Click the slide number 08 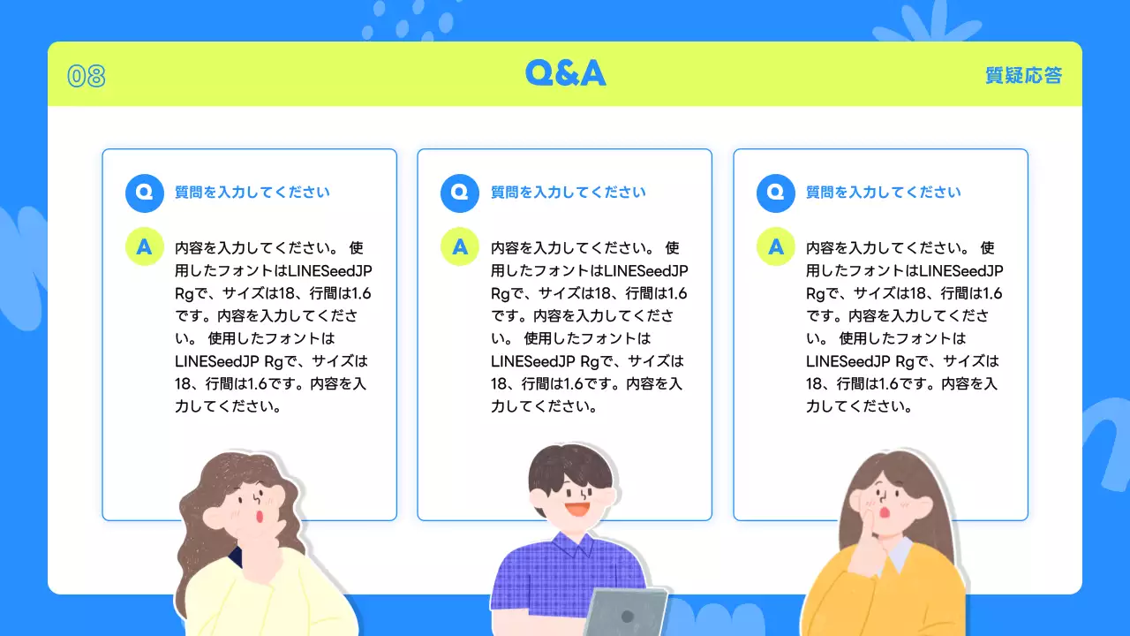click(x=87, y=77)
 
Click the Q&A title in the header click(x=565, y=72)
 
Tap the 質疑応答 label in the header click(x=1023, y=76)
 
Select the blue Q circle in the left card click(x=145, y=193)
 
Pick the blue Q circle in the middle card click(x=460, y=193)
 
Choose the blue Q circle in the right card click(x=776, y=193)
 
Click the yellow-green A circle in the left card click(x=145, y=246)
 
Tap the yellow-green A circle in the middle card click(x=460, y=246)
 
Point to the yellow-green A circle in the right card click(x=776, y=246)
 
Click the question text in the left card click(x=252, y=193)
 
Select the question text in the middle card click(x=568, y=193)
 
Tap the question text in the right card click(x=884, y=193)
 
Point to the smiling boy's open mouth click(x=576, y=510)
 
